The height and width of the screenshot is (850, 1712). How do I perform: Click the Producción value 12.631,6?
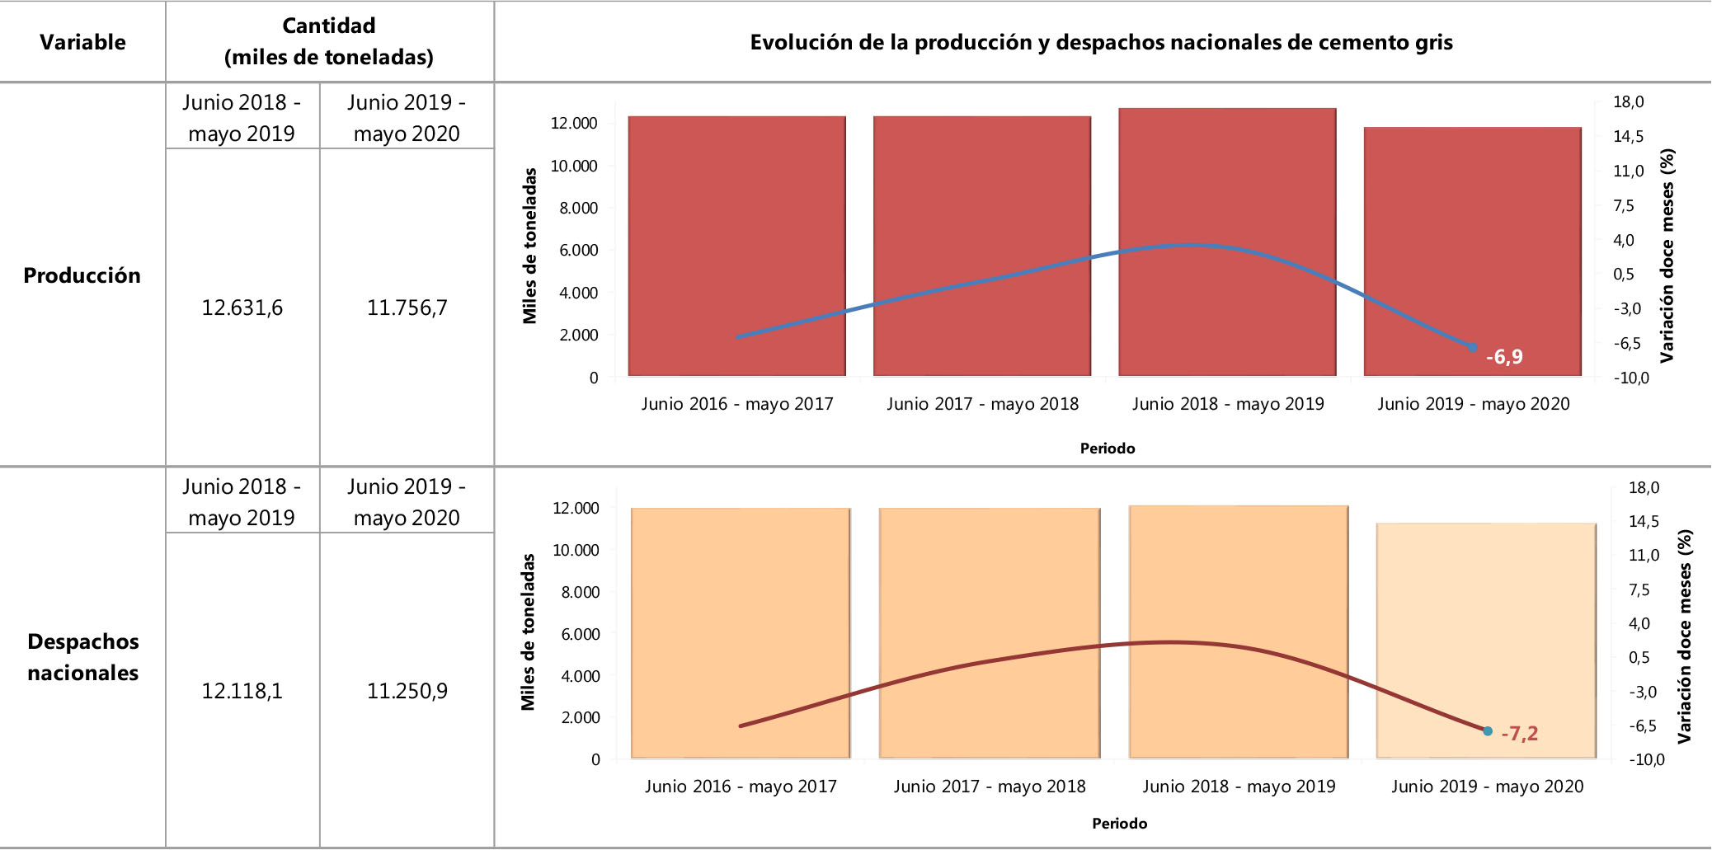(x=242, y=308)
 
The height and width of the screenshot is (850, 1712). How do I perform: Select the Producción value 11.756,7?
(x=407, y=308)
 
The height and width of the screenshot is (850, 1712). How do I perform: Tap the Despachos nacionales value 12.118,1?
(x=242, y=691)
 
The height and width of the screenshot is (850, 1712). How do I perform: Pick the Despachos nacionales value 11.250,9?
(x=407, y=691)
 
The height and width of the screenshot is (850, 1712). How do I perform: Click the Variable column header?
(x=82, y=42)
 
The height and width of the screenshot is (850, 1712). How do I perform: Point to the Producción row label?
(x=82, y=275)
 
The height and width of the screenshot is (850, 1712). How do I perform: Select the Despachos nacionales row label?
(x=82, y=657)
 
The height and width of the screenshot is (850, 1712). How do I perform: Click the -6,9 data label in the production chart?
(x=1504, y=357)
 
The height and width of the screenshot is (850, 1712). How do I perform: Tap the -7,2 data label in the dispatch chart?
(x=1519, y=733)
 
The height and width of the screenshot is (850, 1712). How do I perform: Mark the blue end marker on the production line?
(x=1473, y=348)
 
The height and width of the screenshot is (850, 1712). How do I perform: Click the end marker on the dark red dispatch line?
(x=1488, y=730)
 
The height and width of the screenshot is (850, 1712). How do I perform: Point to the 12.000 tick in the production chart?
(x=574, y=124)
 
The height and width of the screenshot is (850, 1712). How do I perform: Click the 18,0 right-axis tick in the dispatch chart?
(x=1644, y=487)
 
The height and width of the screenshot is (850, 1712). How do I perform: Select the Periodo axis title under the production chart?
(x=1108, y=448)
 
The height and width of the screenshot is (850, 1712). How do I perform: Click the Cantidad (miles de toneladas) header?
(x=329, y=41)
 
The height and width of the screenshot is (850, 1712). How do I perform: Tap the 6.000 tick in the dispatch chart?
(x=581, y=634)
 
